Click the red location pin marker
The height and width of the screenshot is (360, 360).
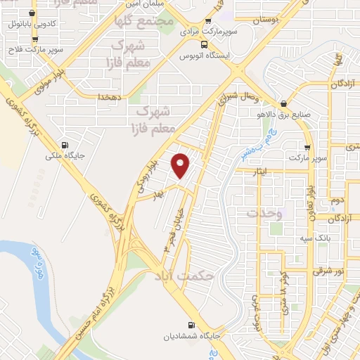[181, 165]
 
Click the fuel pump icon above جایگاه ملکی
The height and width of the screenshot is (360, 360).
[65, 140]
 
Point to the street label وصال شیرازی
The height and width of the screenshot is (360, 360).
[239, 96]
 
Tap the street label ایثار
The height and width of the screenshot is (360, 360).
[252, 170]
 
